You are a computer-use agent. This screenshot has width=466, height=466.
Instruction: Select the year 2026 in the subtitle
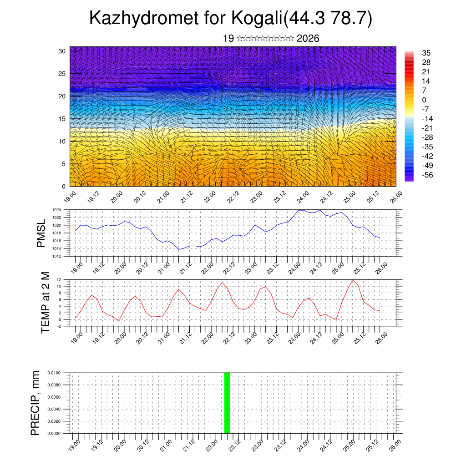coord(308,39)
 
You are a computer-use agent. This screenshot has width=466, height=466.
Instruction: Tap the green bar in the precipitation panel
coord(227,403)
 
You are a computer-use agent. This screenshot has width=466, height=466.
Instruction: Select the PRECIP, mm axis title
coord(35,403)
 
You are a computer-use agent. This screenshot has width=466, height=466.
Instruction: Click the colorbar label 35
coord(426,53)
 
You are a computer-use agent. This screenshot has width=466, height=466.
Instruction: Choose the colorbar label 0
coord(424,100)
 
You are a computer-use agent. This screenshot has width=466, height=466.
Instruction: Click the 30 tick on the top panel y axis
coord(62,51)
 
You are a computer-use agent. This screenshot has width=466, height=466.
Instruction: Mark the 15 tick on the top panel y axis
coord(62,119)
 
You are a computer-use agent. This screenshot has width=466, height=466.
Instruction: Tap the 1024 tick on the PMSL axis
coord(56,210)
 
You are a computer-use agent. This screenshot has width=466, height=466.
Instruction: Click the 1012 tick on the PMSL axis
coord(56,256)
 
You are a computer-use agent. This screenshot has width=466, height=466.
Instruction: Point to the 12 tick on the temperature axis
coord(59,279)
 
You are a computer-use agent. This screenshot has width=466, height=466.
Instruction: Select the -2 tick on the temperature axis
coord(59,326)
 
